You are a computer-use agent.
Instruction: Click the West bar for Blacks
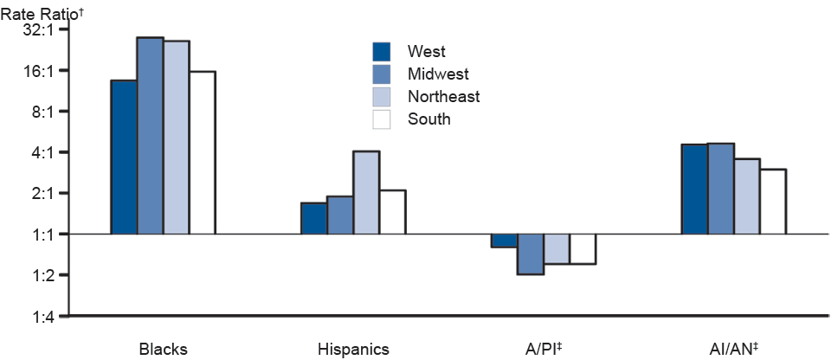point(124,157)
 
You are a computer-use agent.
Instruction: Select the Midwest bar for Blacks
point(150,136)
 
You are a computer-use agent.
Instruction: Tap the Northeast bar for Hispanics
point(366,192)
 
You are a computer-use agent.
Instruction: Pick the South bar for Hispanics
point(392,212)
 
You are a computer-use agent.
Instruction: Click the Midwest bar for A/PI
point(531,254)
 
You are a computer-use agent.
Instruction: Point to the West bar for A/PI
point(505,241)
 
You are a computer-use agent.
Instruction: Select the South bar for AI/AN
point(773,202)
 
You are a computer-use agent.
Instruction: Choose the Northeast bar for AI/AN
point(747,196)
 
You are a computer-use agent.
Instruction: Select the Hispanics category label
point(353,349)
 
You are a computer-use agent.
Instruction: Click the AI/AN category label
point(732,349)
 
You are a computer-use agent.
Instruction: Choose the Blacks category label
point(163,349)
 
